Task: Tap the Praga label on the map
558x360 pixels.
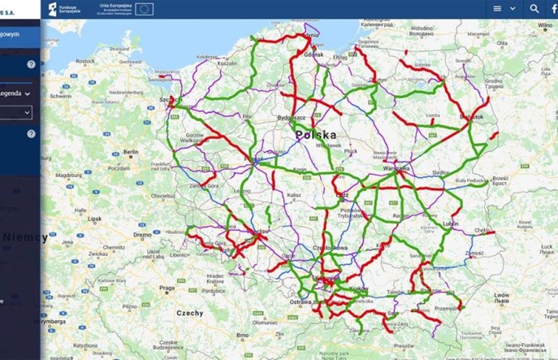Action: tap(167, 288)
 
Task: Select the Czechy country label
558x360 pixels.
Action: tap(190, 313)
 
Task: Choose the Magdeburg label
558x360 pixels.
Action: tap(67, 173)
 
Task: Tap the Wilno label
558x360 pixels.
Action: tap(545, 24)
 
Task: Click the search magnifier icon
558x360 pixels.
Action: tap(534, 8)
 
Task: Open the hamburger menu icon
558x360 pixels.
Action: tap(498, 8)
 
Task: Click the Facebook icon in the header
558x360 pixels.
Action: tap(554, 8)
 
